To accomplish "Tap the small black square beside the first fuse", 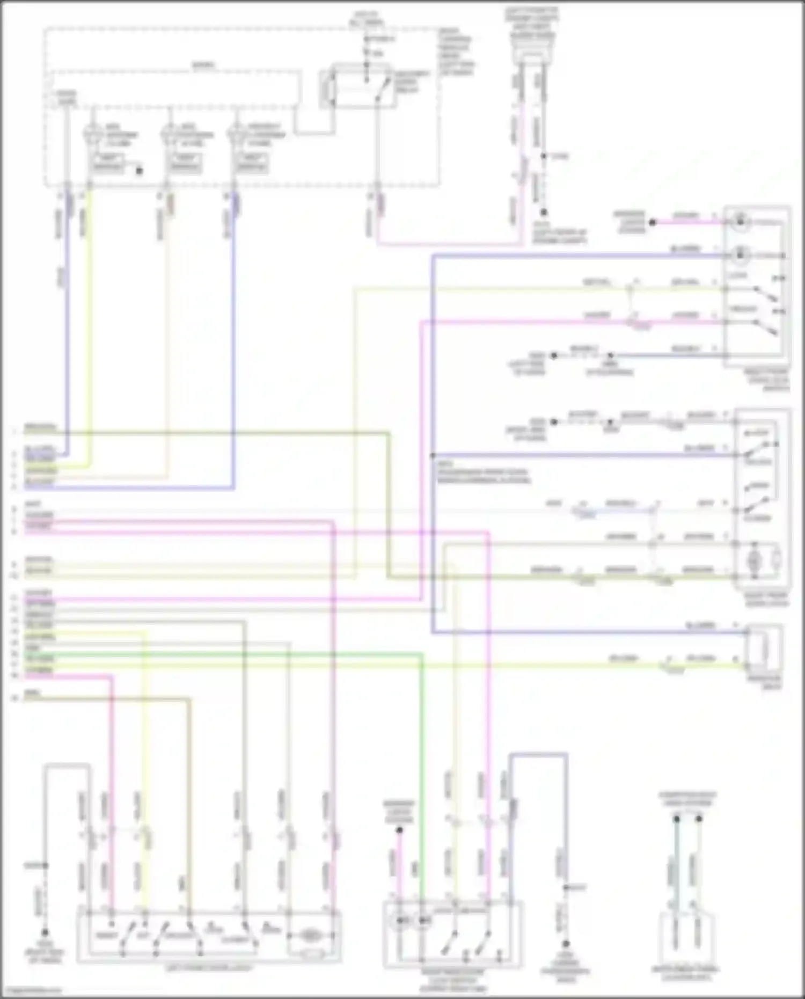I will (139, 171).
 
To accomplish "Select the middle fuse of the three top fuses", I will (170, 134).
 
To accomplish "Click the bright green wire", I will (268, 654).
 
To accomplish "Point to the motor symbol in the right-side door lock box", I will (754, 560).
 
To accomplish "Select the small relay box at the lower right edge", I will (763, 649).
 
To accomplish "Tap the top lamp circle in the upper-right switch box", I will (741, 220).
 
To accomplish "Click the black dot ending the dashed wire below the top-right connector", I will (543, 213).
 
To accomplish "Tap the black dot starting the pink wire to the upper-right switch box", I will (653, 222).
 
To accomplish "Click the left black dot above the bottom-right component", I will (676, 819).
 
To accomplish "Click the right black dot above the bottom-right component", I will (699, 819).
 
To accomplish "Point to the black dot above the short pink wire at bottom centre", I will (399, 830).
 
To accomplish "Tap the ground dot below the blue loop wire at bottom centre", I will (566, 944).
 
